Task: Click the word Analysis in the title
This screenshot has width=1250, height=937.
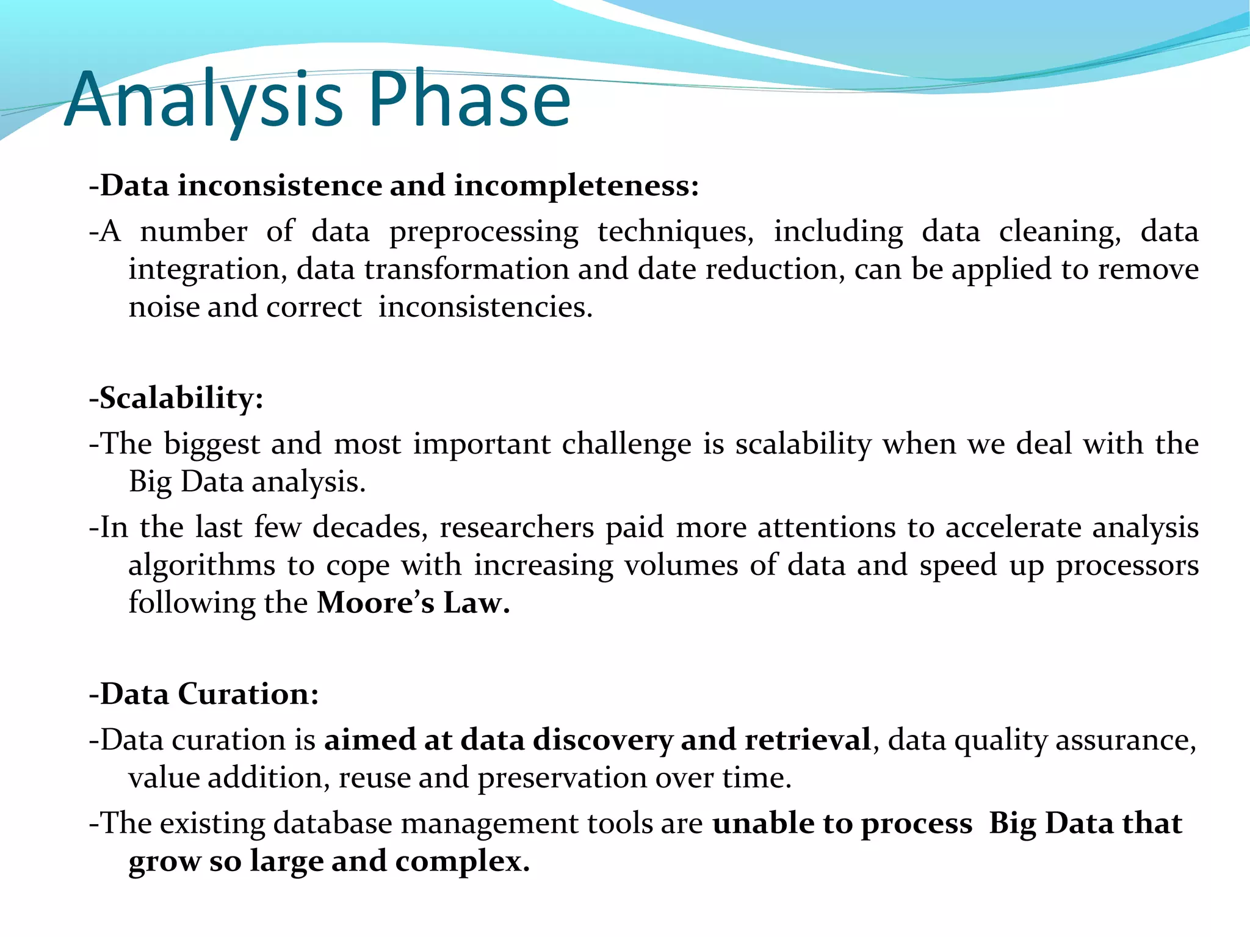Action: [204, 101]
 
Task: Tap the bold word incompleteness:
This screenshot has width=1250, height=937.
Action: [576, 186]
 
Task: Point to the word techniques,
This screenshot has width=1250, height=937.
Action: [675, 232]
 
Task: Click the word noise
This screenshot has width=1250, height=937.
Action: [163, 307]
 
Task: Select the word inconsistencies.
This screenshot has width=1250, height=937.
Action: [485, 307]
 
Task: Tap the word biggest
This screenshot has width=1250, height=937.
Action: [212, 445]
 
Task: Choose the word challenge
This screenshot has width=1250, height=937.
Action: [626, 445]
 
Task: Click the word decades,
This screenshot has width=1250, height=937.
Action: [370, 527]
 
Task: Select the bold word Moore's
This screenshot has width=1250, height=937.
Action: [375, 603]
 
